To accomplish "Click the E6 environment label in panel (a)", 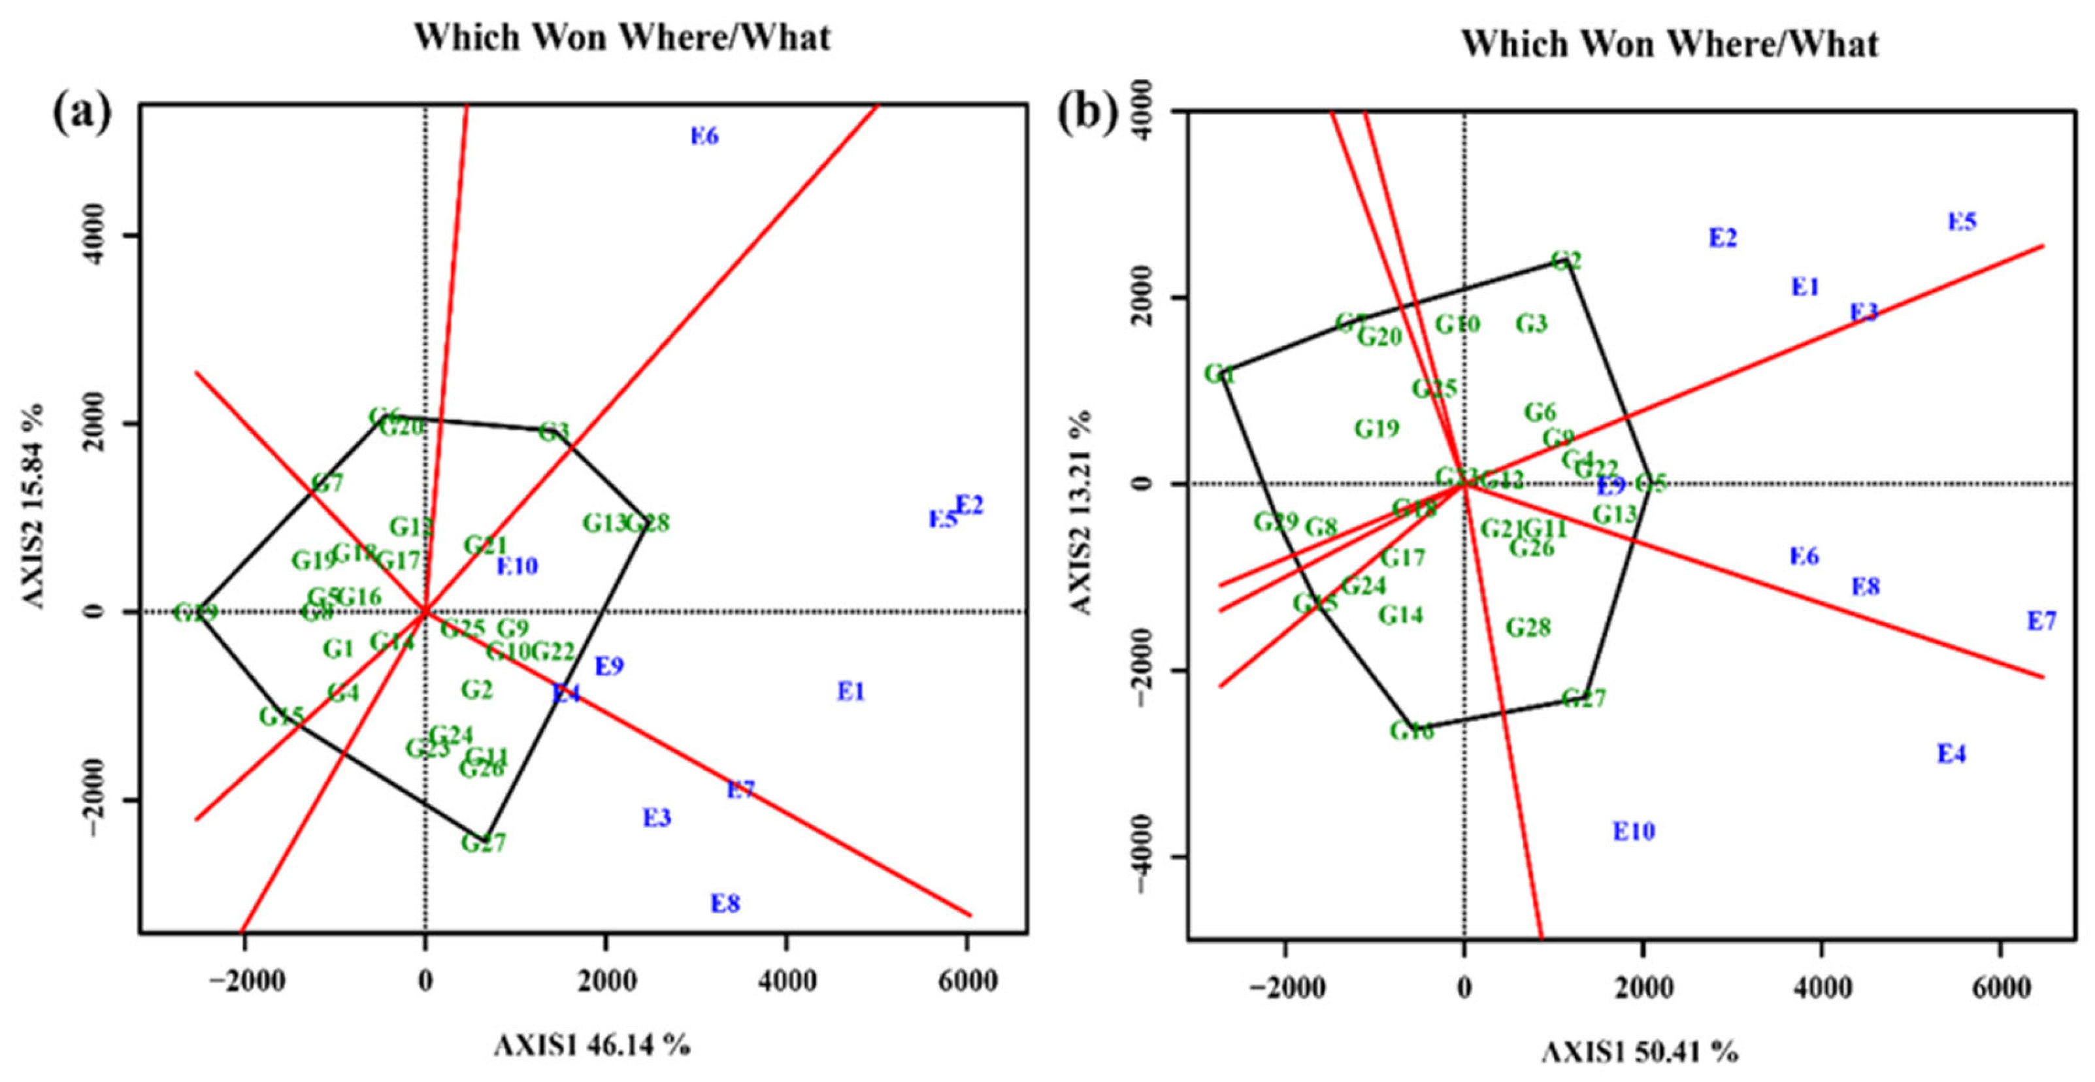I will [704, 136].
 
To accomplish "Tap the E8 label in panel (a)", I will [725, 903].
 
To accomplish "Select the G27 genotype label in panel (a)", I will [483, 842].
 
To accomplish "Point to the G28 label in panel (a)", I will [648, 523].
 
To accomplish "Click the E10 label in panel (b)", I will [1634, 832].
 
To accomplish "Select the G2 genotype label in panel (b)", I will [1566, 261].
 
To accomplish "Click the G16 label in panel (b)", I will [1411, 731].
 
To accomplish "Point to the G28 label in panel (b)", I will [1528, 627].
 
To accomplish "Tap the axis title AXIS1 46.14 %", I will [591, 1045].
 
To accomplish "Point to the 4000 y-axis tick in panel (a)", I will [94, 236].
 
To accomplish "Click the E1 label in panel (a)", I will [851, 692].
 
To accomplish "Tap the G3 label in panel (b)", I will [1532, 323].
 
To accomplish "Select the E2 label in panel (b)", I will [1723, 238].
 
